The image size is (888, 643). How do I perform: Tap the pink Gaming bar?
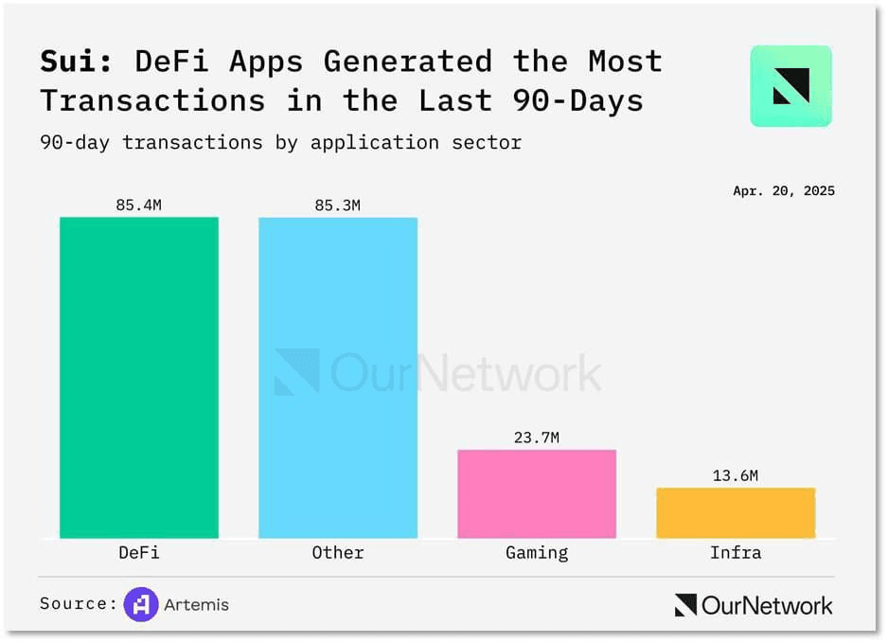[537, 493]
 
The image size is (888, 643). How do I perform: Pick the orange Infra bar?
[736, 512]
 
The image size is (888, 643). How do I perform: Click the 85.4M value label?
[139, 205]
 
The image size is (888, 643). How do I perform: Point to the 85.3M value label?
[338, 205]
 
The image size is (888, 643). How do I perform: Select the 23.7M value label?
[537, 438]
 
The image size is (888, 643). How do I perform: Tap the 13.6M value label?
[736, 475]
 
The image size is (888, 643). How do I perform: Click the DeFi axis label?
[139, 552]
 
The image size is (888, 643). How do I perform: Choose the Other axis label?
[338, 552]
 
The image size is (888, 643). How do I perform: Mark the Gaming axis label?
[537, 552]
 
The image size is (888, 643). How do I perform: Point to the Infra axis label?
[736, 552]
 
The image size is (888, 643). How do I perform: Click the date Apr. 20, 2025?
[784, 190]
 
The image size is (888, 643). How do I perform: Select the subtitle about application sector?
[280, 143]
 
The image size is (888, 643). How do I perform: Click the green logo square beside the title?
[790, 86]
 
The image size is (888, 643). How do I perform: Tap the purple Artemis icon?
[141, 604]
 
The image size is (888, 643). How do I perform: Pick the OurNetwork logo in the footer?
[754, 605]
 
